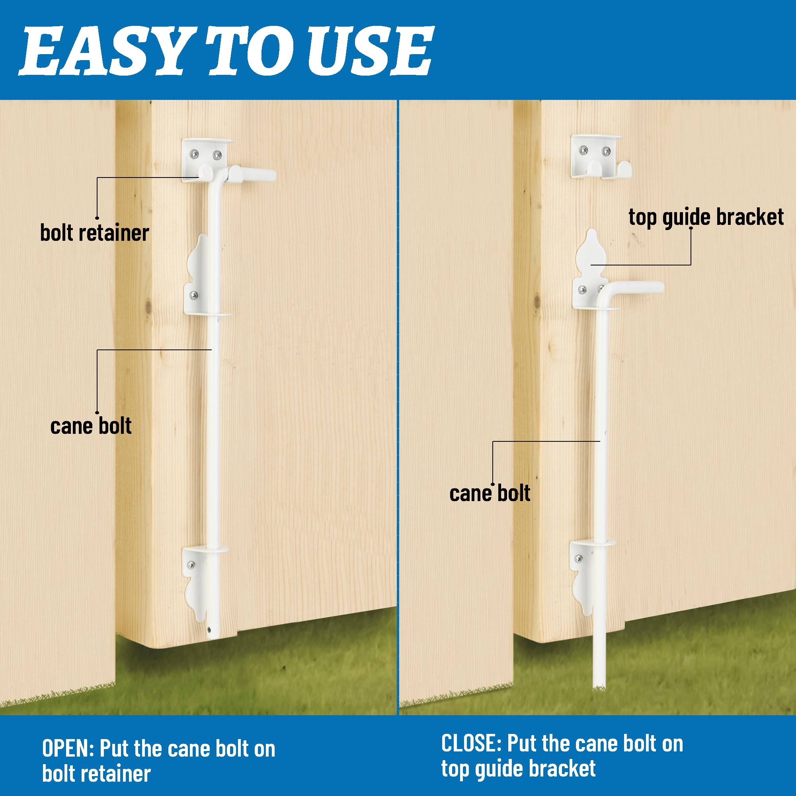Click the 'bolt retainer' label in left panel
[x=94, y=233]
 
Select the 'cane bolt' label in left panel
[x=91, y=426]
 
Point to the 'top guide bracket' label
[x=706, y=217]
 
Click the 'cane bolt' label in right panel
[x=490, y=493]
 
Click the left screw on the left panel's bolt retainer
[x=195, y=154]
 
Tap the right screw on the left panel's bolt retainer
[x=217, y=155]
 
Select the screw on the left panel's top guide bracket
[x=193, y=295]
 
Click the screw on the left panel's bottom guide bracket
[x=192, y=565]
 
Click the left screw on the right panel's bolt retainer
[x=583, y=150]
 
